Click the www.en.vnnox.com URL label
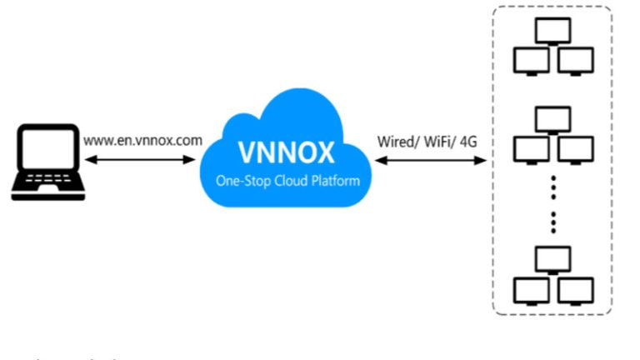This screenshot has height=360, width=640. coord(142,140)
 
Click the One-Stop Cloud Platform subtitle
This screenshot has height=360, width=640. coord(286,179)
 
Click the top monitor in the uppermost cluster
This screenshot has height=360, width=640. coord(552,32)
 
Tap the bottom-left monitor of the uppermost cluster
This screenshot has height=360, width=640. coord(531,61)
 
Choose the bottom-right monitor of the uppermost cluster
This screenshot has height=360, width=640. coord(575,61)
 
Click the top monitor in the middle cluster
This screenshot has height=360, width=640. coord(552,120)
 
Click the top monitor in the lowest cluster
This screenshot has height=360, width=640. coord(552,258)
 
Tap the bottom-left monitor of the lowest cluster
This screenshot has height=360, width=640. coord(531,289)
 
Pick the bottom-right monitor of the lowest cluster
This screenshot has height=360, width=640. coord(575,289)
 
